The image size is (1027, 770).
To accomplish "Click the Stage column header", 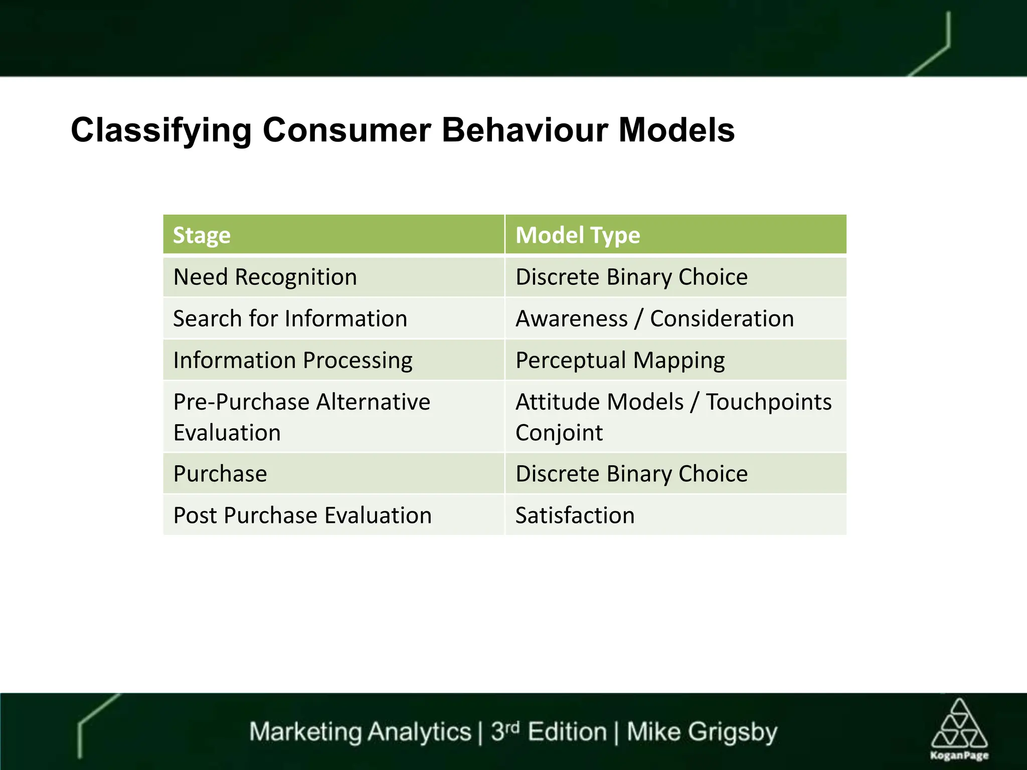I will pos(202,235).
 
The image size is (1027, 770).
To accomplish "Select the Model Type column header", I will pos(578,235).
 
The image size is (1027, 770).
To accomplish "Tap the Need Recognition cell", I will pos(265,277).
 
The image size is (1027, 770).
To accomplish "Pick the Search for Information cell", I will pos(290,319).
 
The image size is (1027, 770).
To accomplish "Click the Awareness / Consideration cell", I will pos(654,319).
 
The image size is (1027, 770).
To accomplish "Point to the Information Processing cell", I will pos(292,360).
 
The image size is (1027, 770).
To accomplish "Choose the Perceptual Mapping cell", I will pos(620,360).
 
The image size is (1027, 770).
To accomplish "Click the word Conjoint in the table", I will pos(559,433).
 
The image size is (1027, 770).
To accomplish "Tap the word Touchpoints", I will pos(768,402).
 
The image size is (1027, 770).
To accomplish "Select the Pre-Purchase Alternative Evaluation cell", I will pos(301,417).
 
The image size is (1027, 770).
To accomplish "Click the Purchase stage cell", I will pos(220,474).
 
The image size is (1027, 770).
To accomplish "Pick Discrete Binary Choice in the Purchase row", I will pos(631,474).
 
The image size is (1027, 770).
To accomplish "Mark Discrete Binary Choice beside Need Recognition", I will pos(631,277).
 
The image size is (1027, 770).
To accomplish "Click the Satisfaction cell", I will pos(575,515).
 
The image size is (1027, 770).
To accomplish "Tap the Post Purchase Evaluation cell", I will pos(302,515).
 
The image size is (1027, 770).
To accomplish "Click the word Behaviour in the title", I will pos(524,130).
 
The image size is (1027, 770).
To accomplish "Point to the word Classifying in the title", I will pos(161,130).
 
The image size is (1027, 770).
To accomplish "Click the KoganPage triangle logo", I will pos(959,724).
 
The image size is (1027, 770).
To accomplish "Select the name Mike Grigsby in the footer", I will pos(702,732).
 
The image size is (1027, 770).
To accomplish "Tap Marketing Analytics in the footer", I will pos(360,732).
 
